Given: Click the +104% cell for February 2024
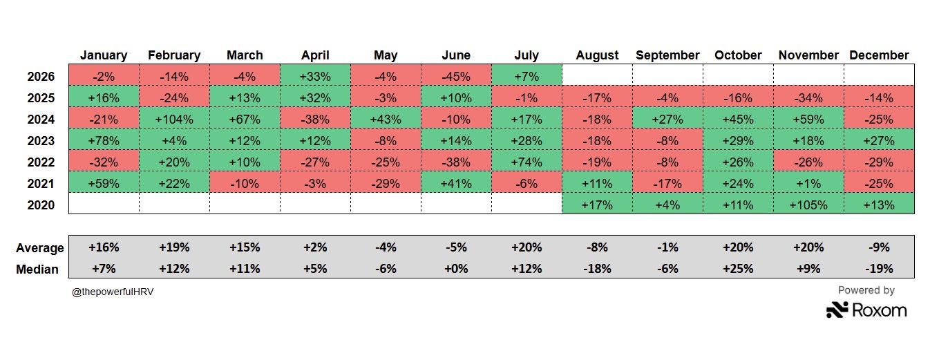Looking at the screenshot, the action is pyautogui.click(x=174, y=120).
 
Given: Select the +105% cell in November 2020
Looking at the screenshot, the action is pyautogui.click(x=808, y=205).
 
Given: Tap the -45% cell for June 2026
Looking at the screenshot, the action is pyautogui.click(x=456, y=77).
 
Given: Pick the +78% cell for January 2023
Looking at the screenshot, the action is pyautogui.click(x=104, y=141).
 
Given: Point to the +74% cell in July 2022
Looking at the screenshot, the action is pyautogui.click(x=527, y=162).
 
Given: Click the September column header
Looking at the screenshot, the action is pyautogui.click(x=667, y=55).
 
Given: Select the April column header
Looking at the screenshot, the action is pyautogui.click(x=315, y=55).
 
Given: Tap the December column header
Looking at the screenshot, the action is pyautogui.click(x=879, y=55).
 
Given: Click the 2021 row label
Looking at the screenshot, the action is pyautogui.click(x=41, y=184).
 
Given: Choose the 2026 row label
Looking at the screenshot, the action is pyautogui.click(x=41, y=77).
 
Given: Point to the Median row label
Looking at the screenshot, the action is pyautogui.click(x=37, y=269).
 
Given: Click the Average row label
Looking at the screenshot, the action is pyautogui.click(x=40, y=248).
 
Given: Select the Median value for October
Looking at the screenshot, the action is pyautogui.click(x=738, y=269).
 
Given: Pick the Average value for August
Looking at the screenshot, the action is pyautogui.click(x=597, y=247).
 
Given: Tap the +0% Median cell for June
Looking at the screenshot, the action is pyautogui.click(x=456, y=269).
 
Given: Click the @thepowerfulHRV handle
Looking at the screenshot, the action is pyautogui.click(x=113, y=292).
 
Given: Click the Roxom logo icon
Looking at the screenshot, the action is pyautogui.click(x=837, y=310).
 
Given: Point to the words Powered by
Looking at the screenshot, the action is pyautogui.click(x=866, y=290).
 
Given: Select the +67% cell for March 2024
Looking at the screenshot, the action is pyautogui.click(x=245, y=120).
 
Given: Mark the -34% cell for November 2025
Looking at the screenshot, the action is pyautogui.click(x=808, y=98).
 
